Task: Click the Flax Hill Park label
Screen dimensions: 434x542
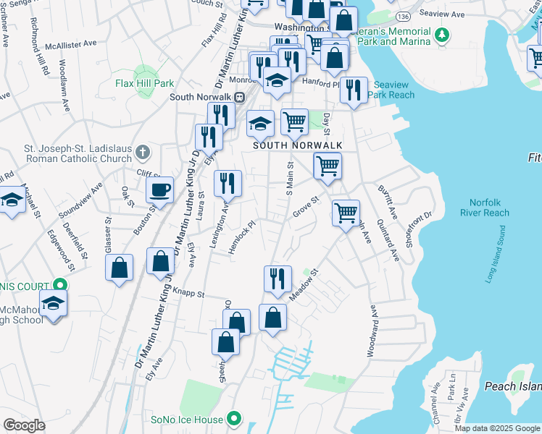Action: (144, 83)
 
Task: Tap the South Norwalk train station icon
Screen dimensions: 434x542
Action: (238, 97)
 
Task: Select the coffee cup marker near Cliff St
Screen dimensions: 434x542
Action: (159, 190)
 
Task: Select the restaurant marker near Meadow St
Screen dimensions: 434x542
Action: (277, 279)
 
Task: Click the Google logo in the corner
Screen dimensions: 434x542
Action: (24, 425)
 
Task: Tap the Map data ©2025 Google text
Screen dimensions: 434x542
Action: (496, 428)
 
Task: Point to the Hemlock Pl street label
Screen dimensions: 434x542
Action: (243, 233)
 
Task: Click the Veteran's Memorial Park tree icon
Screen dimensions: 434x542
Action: (441, 34)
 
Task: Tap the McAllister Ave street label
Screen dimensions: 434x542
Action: (70, 43)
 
